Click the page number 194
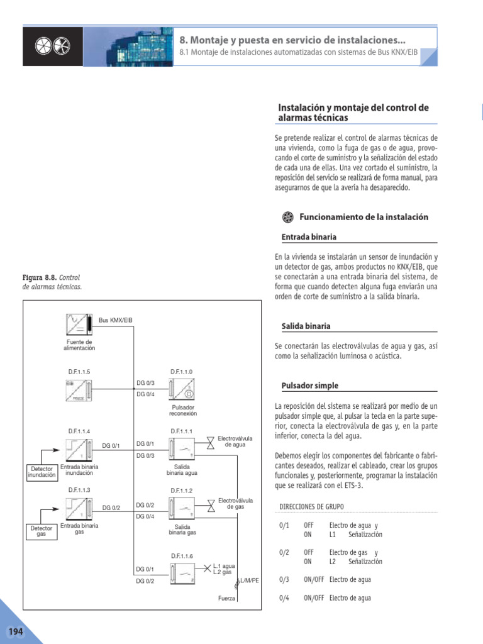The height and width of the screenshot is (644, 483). (x=14, y=631)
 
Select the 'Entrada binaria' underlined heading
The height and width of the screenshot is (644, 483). (x=309, y=237)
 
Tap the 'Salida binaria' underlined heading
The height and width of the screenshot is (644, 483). (x=306, y=326)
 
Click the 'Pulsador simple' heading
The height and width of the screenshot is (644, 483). (x=310, y=386)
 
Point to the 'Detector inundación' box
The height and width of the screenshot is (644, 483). (x=42, y=472)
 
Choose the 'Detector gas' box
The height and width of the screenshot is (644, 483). (x=42, y=532)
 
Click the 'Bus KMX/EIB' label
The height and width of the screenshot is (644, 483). (x=115, y=320)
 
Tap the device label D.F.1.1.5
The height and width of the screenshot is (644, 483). (x=80, y=372)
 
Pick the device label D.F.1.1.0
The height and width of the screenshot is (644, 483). (x=182, y=372)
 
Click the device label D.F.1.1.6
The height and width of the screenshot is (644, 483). (x=182, y=556)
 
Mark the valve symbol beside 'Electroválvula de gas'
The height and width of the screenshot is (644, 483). (x=209, y=504)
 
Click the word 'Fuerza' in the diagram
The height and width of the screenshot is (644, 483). (x=226, y=598)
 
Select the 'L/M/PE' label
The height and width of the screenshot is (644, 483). (x=249, y=579)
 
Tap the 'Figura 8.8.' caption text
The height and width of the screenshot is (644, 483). (x=40, y=277)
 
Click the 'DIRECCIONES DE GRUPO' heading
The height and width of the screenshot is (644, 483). (x=311, y=506)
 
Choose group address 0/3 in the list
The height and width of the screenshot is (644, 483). (x=284, y=579)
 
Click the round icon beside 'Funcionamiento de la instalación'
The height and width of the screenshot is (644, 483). (x=288, y=217)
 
